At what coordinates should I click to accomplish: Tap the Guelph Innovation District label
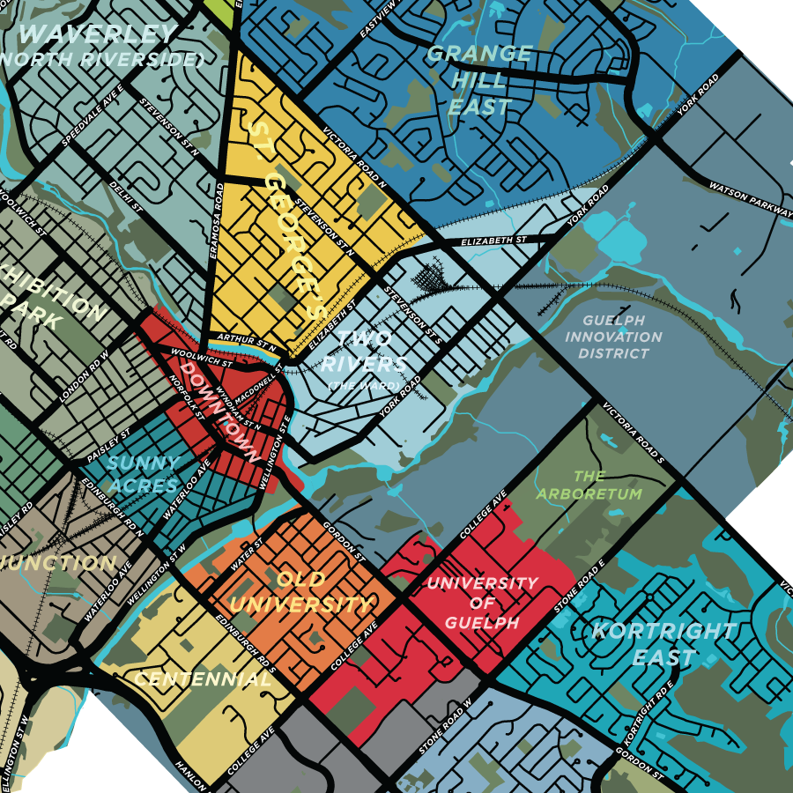613,337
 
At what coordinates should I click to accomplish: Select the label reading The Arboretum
596,485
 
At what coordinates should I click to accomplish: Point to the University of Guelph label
481,603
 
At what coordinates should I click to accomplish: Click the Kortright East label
663,644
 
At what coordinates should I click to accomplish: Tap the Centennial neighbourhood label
202,679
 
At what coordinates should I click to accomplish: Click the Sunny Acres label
142,474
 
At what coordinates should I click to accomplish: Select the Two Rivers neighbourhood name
363,352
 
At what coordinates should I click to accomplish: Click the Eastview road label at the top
374,19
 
